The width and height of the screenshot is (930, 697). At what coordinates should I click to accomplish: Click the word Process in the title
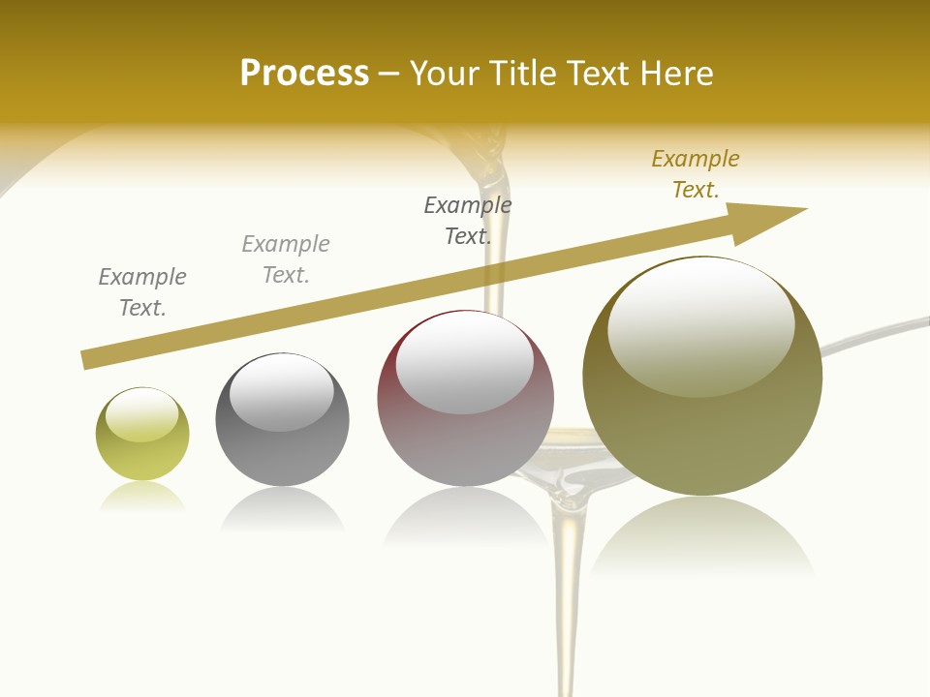[x=304, y=74]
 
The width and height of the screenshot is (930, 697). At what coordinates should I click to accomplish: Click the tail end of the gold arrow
[x=89, y=359]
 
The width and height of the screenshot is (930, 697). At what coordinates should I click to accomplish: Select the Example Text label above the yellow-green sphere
[x=142, y=292]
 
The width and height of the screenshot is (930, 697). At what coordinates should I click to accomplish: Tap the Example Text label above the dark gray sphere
[x=286, y=259]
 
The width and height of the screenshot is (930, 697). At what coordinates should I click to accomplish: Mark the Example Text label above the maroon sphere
[x=468, y=220]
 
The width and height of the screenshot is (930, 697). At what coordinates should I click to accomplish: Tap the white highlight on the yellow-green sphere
[x=141, y=414]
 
